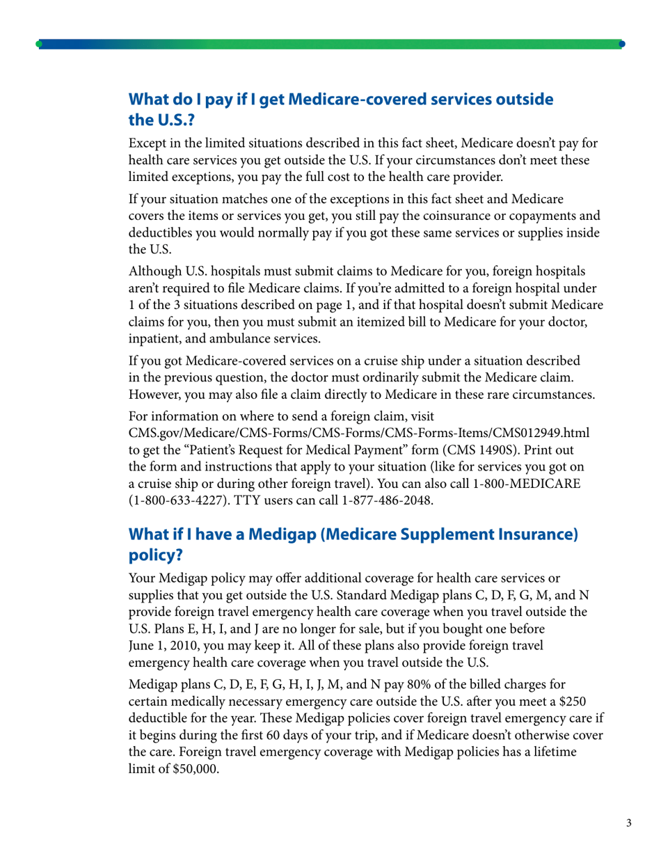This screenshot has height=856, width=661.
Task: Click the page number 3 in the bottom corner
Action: [628, 824]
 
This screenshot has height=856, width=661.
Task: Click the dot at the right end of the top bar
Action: [621, 44]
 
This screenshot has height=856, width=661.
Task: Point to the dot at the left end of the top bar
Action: [39, 44]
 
